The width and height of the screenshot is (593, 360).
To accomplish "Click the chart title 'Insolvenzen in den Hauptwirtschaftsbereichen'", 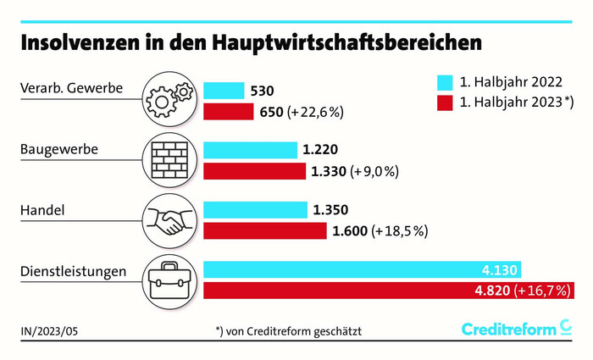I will (252, 42).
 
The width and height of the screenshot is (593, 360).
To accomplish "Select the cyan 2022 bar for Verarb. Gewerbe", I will (224, 91).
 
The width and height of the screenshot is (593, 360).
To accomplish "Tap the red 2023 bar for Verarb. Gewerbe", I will (229, 111).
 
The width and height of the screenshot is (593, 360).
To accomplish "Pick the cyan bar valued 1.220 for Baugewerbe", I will (252, 151).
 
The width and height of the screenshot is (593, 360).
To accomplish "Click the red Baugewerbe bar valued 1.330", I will (255, 171).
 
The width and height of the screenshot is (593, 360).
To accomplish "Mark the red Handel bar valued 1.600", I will (265, 230).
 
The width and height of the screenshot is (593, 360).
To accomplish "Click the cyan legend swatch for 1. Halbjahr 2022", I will (445, 83).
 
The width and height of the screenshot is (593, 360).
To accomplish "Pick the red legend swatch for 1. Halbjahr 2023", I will (445, 103).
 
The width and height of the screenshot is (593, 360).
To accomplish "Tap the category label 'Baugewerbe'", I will (59, 150).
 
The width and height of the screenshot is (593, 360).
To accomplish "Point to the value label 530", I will (262, 91).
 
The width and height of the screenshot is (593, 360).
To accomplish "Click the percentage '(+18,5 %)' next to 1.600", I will (399, 230).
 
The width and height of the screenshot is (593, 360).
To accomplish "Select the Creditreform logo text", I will (509, 329).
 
